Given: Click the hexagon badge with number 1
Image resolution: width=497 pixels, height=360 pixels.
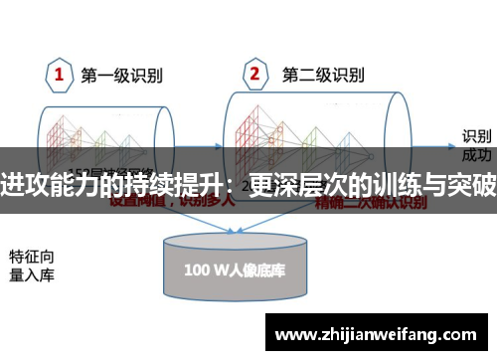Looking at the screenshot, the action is click(x=59, y=75).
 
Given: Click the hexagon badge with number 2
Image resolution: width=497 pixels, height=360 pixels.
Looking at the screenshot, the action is click(x=254, y=75).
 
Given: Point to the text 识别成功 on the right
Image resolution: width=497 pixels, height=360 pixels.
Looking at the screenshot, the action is click(x=476, y=145).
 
